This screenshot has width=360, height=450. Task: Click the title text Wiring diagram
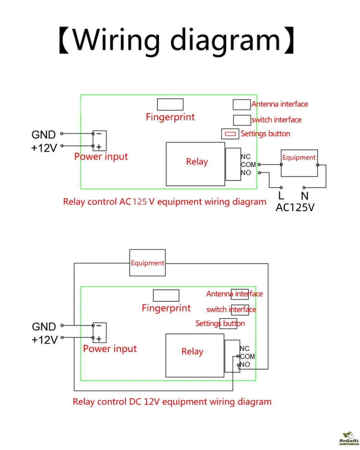pos(176,40)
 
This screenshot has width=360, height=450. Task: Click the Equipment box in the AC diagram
pos(299,163)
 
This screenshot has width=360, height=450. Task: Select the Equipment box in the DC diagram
pos(148,263)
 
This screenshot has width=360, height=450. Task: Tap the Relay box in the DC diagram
pos(194,355)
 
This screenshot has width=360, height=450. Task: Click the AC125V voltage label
pos(295,208)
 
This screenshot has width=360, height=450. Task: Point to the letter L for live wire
pos(281,196)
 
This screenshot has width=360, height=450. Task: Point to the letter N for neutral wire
pos(305,196)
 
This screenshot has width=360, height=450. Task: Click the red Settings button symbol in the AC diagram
pos(230,134)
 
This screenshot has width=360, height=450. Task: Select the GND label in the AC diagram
pos(44,135)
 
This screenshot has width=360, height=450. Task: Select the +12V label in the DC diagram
pos(45,340)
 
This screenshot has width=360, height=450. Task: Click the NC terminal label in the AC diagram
pos(246,157)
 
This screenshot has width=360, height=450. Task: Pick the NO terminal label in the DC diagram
pos(245,364)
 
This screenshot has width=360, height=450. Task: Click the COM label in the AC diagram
pos(248,165)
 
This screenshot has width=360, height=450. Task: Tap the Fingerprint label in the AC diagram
pos(170,117)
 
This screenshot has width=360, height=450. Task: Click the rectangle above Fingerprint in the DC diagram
pos(166,295)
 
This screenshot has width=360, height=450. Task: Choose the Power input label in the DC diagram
pos(110,349)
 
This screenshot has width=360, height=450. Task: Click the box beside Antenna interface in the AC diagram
pos(242,104)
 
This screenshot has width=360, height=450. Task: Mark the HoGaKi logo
pos(349,438)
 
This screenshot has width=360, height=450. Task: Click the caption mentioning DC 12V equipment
pos(172,402)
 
